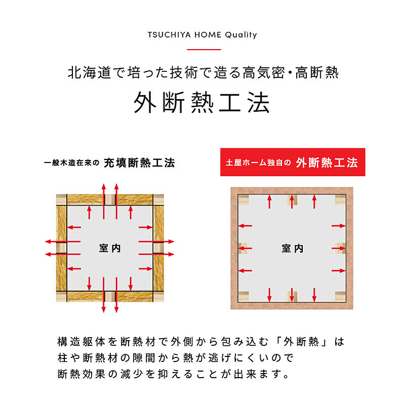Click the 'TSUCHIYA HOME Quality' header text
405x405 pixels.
click(x=202, y=35)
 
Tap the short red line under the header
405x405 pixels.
click(x=204, y=49)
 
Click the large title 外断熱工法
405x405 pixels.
click(x=202, y=103)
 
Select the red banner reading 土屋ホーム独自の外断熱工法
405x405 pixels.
click(x=293, y=162)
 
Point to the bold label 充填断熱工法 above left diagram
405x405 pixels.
click(x=139, y=163)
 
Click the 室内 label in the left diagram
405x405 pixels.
click(x=110, y=248)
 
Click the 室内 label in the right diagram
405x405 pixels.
click(x=293, y=249)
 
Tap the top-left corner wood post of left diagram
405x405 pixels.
click(x=61, y=199)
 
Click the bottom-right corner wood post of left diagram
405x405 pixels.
click(x=158, y=296)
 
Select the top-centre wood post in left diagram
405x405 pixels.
click(x=110, y=199)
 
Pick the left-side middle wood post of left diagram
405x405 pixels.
click(x=61, y=248)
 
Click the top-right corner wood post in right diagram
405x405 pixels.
click(x=340, y=200)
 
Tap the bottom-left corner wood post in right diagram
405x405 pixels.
click(x=244, y=297)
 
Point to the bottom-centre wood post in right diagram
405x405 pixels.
click(x=292, y=297)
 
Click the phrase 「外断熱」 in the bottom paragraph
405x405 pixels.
click(x=301, y=342)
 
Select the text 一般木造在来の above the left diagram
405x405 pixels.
click(x=72, y=163)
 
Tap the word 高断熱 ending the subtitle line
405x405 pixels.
click(x=317, y=72)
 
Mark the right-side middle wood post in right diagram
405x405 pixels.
click(x=340, y=248)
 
